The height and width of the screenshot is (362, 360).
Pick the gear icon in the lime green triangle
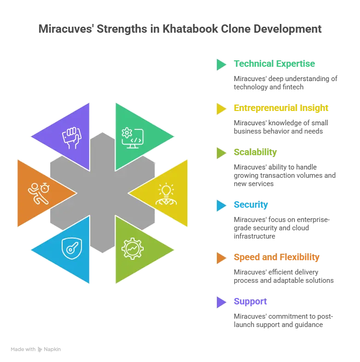(132, 249)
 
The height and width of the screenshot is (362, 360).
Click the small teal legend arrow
(221, 64)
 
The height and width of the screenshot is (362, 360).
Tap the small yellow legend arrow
(221, 109)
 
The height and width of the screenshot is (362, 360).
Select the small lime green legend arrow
(221, 153)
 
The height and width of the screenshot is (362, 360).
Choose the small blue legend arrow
(221, 205)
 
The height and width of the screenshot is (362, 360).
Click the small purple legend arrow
(221, 302)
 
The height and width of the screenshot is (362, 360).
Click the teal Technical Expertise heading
(274, 64)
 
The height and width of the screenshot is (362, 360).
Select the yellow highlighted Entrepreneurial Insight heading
(281, 108)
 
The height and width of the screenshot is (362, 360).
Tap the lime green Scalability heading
(255, 152)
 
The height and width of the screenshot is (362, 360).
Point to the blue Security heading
(250, 204)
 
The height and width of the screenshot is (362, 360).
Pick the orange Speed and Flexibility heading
(276, 257)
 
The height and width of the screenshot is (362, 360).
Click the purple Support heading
(250, 302)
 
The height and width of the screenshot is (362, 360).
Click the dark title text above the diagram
(180, 29)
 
